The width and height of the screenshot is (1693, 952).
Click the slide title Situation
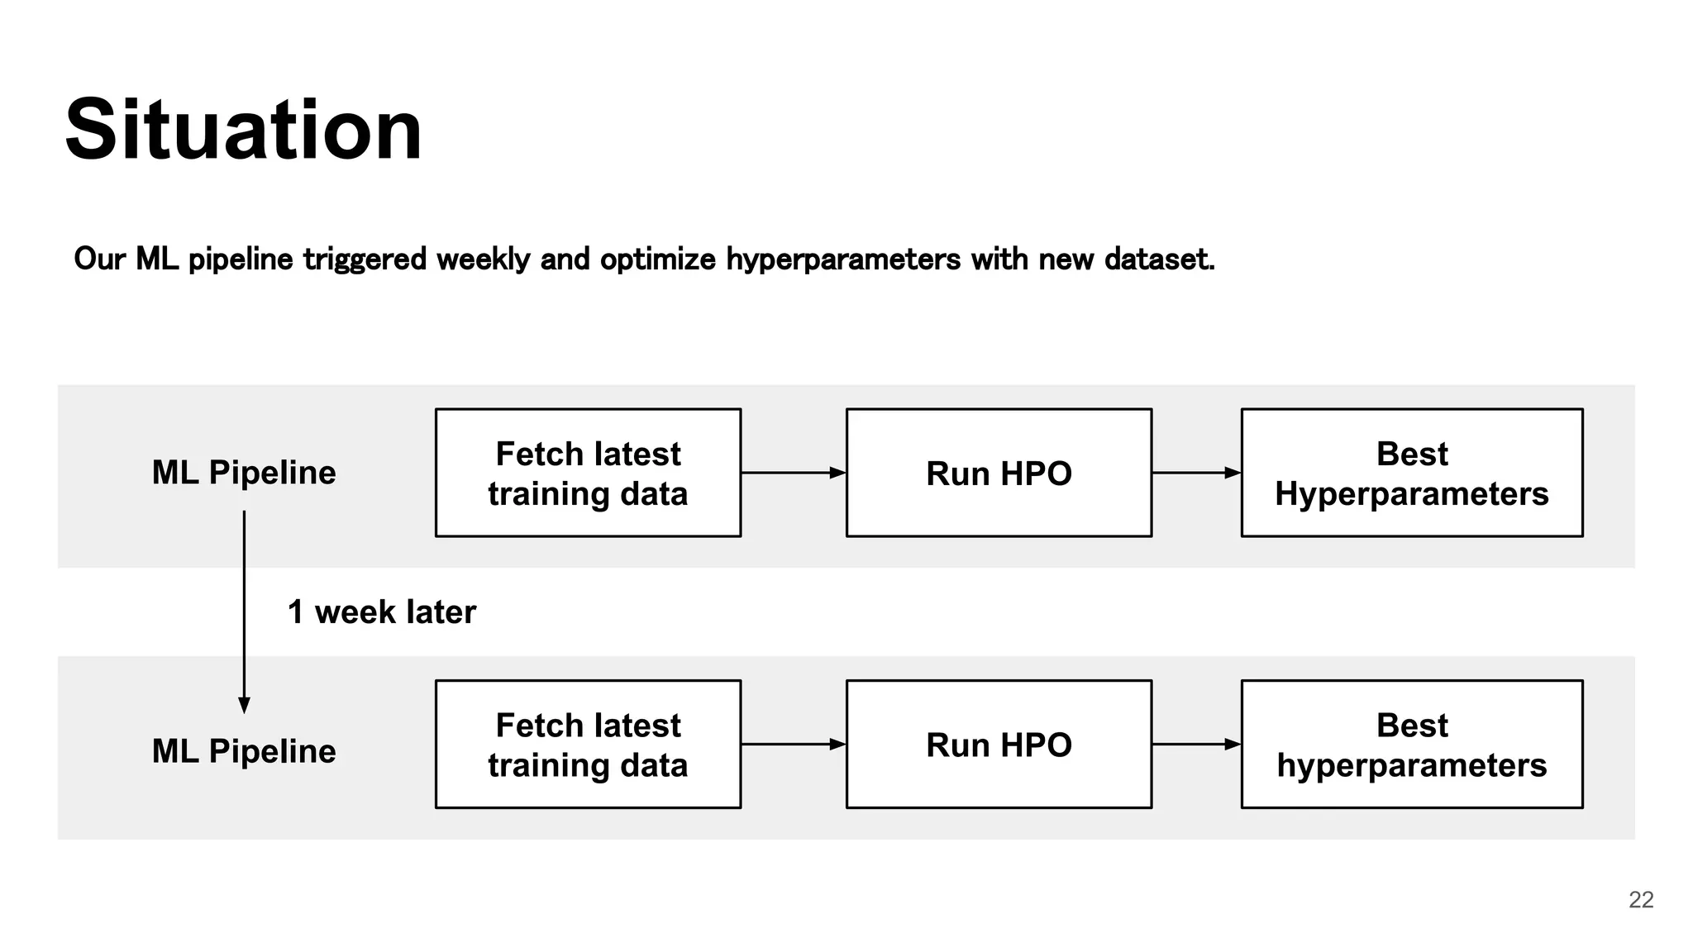243,130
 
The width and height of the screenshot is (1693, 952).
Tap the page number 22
1641,899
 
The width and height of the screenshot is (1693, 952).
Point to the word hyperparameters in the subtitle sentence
843,259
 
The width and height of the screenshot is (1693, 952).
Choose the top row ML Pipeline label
244,473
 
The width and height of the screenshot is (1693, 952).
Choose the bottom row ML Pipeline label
244,751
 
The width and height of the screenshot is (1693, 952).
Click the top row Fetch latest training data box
588,473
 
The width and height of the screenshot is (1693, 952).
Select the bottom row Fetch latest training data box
588,745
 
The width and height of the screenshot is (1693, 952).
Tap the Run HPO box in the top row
999,473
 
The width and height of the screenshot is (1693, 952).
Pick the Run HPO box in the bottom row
999,745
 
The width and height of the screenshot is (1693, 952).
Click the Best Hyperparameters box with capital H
1411,473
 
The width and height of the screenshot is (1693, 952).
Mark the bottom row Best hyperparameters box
1411,745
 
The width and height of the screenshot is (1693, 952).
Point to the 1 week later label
382,612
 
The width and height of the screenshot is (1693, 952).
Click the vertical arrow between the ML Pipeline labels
244,612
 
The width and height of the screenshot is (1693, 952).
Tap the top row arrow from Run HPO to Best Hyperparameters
1196,473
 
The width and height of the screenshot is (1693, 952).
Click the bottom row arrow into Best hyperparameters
1196,745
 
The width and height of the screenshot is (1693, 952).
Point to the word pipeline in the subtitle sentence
241,259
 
